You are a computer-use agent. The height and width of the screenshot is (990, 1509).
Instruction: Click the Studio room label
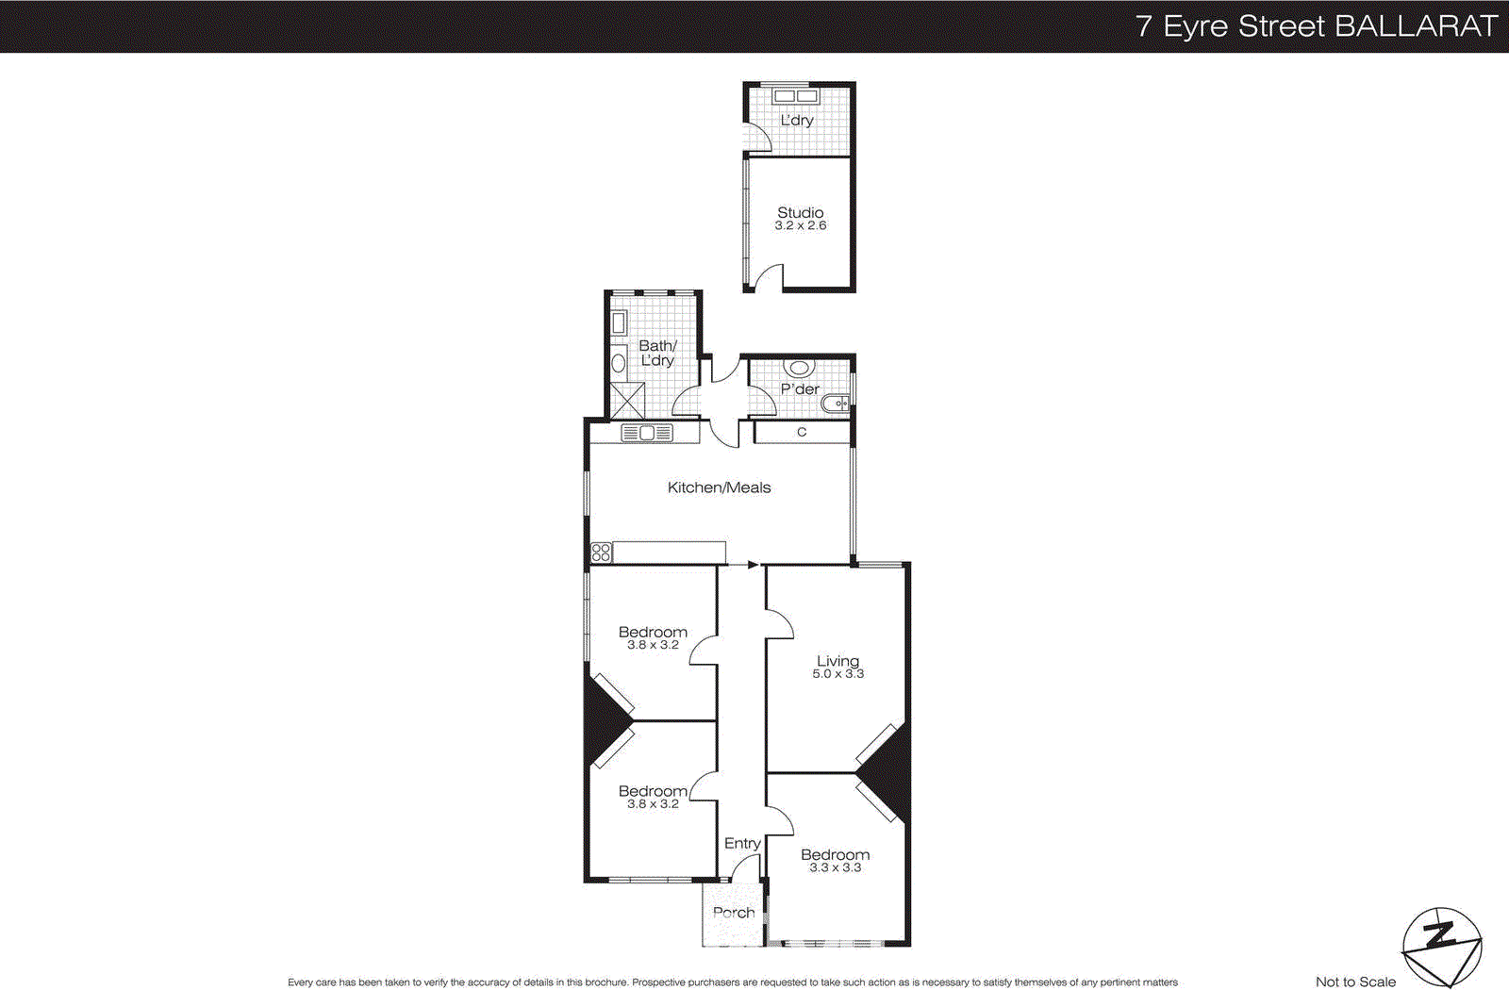800,213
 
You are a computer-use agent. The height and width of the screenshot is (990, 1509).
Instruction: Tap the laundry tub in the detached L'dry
795,95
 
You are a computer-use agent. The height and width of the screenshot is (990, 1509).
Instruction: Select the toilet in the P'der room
800,369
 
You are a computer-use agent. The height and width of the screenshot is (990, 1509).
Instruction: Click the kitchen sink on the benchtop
647,434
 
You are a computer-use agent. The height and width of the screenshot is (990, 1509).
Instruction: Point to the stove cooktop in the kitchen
601,553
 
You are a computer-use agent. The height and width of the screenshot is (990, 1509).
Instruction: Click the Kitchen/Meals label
719,487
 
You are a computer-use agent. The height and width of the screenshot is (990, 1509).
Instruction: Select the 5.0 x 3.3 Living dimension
837,674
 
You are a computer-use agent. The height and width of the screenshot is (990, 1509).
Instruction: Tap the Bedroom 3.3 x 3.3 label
835,860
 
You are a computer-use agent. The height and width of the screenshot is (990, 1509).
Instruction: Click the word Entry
742,844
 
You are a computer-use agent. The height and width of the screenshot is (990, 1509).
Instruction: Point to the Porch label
734,913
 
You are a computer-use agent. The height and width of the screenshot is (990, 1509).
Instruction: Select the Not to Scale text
1355,982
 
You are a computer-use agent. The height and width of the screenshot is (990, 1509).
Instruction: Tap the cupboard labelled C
802,433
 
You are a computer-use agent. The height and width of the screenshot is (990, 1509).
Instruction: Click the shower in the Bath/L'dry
627,401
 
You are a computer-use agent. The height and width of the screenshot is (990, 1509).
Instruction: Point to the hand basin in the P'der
835,404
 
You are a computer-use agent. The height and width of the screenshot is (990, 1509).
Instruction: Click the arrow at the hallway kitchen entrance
752,565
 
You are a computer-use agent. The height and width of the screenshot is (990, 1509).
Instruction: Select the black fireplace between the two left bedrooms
604,722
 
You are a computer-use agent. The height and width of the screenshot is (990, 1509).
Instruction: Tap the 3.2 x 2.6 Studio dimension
800,226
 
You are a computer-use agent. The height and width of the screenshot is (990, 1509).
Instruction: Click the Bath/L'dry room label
657,353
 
